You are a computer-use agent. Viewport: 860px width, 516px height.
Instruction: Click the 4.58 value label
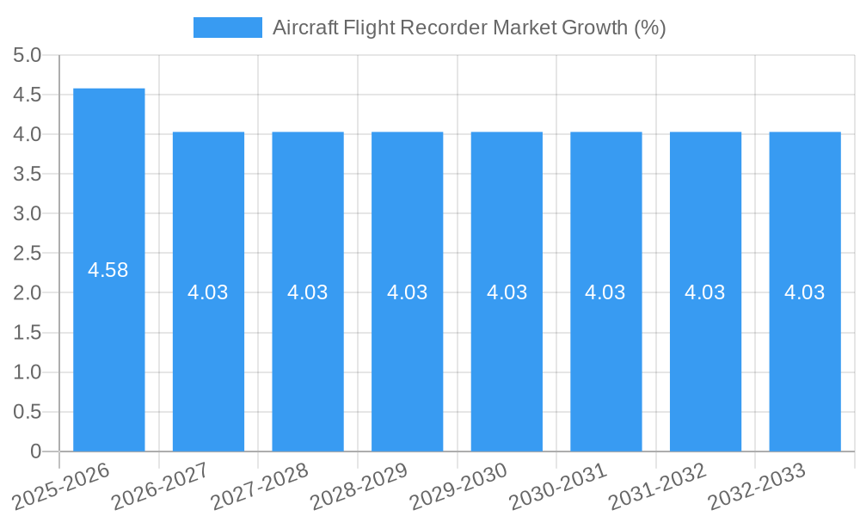click(x=108, y=270)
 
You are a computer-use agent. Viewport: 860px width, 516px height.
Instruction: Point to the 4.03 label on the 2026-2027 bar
click(x=208, y=292)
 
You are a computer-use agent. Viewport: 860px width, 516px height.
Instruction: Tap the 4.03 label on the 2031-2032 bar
click(x=705, y=292)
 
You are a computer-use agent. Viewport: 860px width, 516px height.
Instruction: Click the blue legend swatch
click(x=227, y=28)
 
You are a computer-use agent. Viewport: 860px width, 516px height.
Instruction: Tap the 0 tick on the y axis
click(x=35, y=451)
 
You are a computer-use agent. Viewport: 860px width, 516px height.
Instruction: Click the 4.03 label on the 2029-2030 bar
click(x=507, y=292)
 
